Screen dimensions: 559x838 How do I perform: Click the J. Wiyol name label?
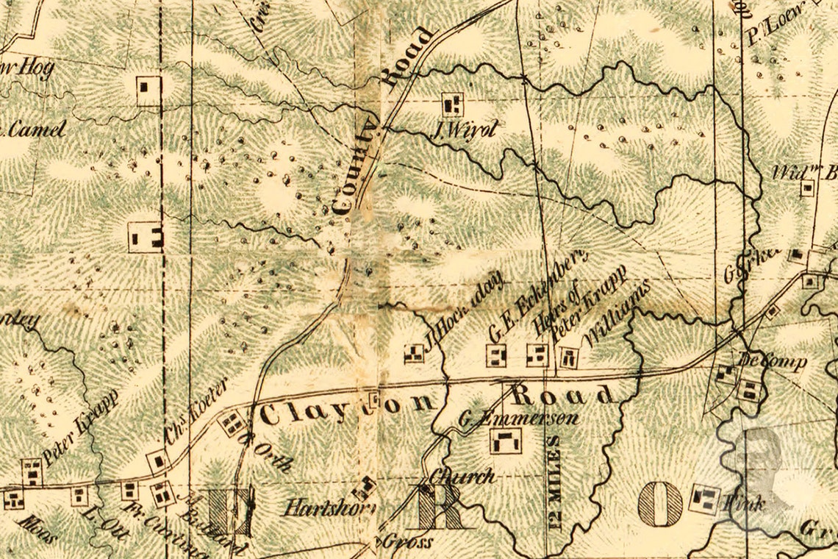[x=465, y=131]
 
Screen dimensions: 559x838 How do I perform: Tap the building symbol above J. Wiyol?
[x=452, y=103]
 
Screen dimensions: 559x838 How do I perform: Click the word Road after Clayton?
[x=563, y=395]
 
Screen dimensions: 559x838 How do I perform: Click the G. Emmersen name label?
[x=518, y=419]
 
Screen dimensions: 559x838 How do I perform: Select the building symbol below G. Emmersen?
[x=506, y=441]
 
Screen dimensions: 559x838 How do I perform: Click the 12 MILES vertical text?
[x=554, y=482]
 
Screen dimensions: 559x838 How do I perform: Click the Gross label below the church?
[x=408, y=542]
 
